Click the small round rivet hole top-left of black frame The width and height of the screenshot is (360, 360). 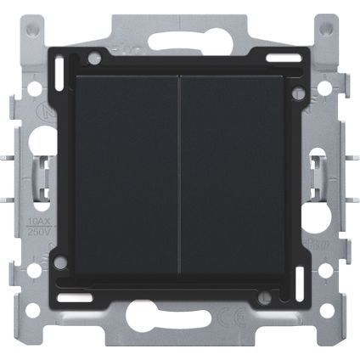94,59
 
